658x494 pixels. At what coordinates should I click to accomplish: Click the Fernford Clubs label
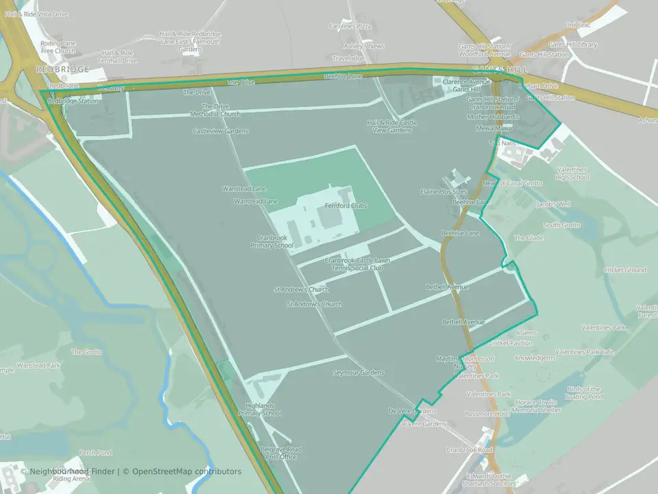point(345,206)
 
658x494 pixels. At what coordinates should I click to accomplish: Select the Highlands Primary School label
point(260,410)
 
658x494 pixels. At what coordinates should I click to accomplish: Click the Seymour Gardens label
point(358,373)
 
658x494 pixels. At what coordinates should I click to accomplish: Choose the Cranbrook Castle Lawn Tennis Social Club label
point(357,263)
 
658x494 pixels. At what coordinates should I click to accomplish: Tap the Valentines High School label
point(572,173)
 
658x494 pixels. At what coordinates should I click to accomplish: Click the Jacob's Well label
point(553,204)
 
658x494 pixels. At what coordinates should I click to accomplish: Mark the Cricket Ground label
point(624,270)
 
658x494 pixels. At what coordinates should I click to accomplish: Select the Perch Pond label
point(95,453)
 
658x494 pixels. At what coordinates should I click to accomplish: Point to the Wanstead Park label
point(38,366)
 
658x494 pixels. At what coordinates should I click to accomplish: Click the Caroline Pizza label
point(350,26)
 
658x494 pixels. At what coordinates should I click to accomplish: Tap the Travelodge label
point(348,58)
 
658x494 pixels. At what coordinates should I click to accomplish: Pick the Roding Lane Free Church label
point(58,47)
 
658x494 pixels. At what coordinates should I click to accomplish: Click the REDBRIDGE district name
point(63,70)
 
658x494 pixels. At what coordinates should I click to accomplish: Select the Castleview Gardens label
point(220,130)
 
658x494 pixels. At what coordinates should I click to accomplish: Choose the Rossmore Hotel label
point(487,414)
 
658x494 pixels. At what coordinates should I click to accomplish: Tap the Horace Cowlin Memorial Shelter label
point(536,406)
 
